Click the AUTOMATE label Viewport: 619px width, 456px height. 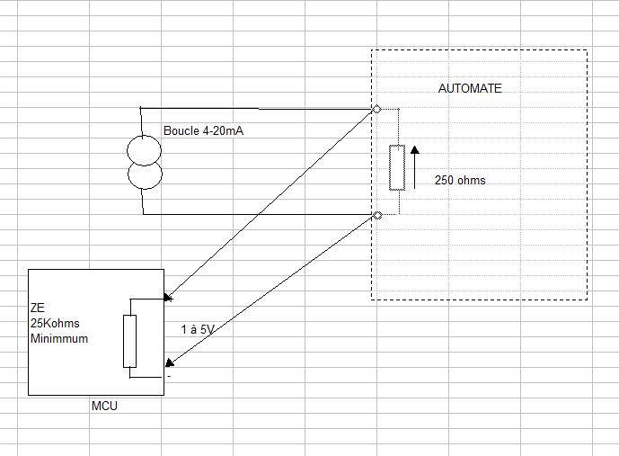tap(469, 89)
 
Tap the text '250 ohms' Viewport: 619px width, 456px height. tap(459, 180)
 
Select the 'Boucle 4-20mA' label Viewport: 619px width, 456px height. tap(204, 131)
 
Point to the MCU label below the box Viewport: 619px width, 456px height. tap(104, 406)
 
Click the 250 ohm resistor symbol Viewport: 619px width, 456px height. tap(396, 167)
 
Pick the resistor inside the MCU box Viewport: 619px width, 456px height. tap(129, 342)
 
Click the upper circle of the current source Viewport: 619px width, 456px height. tap(143, 148)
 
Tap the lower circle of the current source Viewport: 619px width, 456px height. tap(143, 176)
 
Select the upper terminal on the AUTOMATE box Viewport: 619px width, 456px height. tap(376, 109)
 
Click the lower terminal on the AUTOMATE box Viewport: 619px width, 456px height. tap(376, 215)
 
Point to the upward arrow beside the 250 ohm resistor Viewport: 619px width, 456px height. tap(415, 166)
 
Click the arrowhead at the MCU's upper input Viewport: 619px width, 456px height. tap(167, 298)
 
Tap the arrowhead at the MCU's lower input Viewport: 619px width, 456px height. tap(168, 364)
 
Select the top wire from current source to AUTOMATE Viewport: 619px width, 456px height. tap(261, 108)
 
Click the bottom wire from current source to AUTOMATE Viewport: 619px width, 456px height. tap(261, 215)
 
